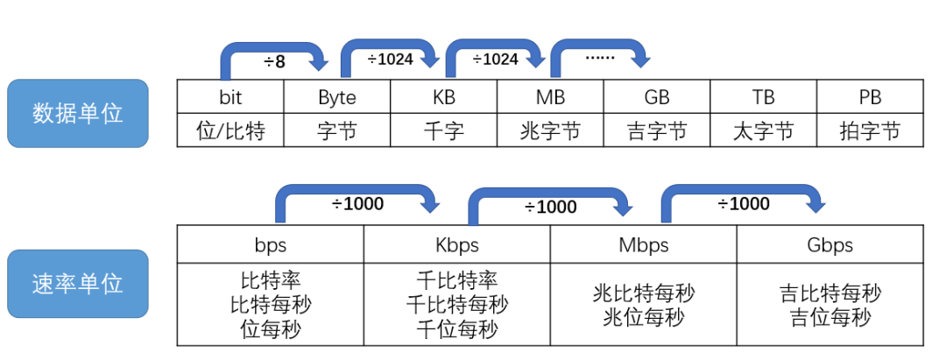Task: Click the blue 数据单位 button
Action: pyautogui.click(x=78, y=113)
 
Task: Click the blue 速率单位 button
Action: pyautogui.click(x=78, y=283)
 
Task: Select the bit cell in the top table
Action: pyautogui.click(x=230, y=96)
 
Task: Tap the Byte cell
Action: pyautogui.click(x=337, y=96)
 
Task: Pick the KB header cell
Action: pyautogui.click(x=444, y=96)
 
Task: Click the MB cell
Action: pyautogui.click(x=550, y=96)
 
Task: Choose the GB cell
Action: pyautogui.click(x=657, y=96)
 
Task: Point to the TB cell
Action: pyautogui.click(x=763, y=96)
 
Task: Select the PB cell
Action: pyautogui.click(x=869, y=96)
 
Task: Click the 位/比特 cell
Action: pyautogui.click(x=230, y=131)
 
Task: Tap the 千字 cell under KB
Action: pyautogui.click(x=444, y=131)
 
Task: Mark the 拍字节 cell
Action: pyautogui.click(x=869, y=131)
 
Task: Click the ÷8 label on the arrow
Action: pyautogui.click(x=274, y=62)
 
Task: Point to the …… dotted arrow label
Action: pyautogui.click(x=600, y=58)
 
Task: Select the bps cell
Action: pyautogui.click(x=270, y=244)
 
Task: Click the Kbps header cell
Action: pyautogui.click(x=457, y=244)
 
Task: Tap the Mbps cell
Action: pyautogui.click(x=643, y=244)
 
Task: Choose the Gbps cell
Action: pyautogui.click(x=830, y=244)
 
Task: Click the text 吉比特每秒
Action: pyautogui.click(x=830, y=293)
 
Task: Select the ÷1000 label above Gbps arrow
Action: pyautogui.click(x=743, y=204)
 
